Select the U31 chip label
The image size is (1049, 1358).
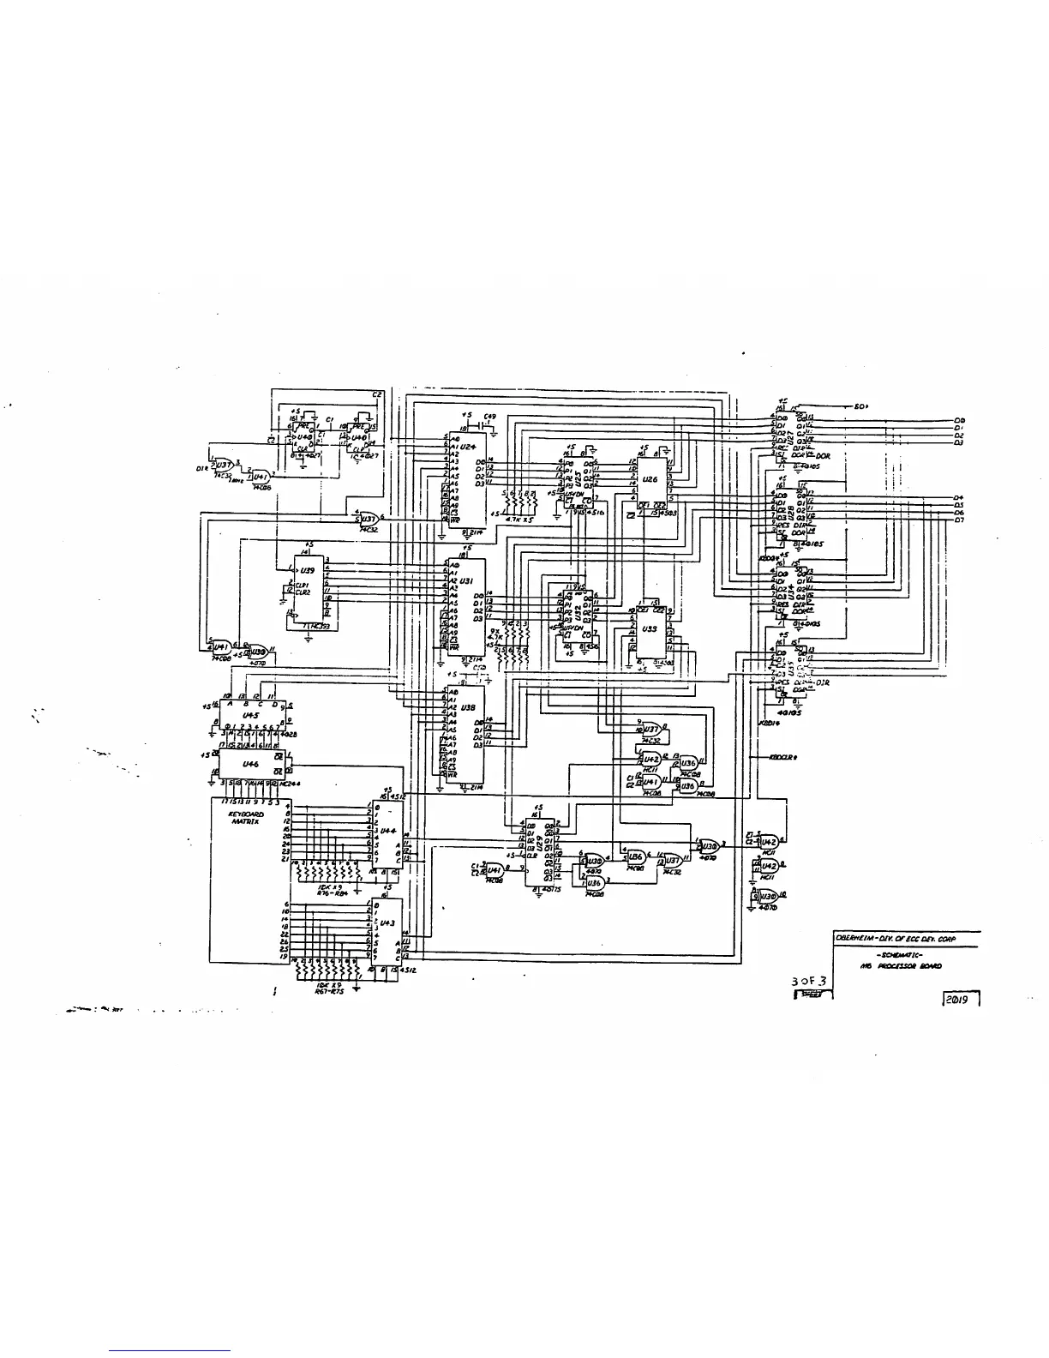tap(467, 580)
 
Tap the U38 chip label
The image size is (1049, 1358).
tap(467, 708)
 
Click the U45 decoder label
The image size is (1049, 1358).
tap(250, 714)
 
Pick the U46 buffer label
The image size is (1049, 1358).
tap(250, 762)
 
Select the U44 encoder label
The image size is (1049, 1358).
tap(387, 831)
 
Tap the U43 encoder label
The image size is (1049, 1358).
tap(387, 922)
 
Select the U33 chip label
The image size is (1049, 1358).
tap(649, 628)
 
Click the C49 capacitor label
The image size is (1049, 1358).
tap(489, 417)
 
